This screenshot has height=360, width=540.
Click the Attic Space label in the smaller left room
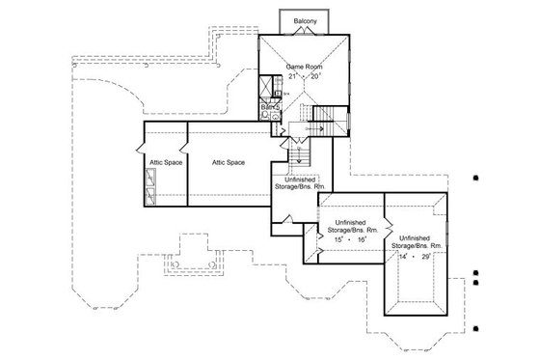[160, 162]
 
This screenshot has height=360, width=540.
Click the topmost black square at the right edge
[476, 178]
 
